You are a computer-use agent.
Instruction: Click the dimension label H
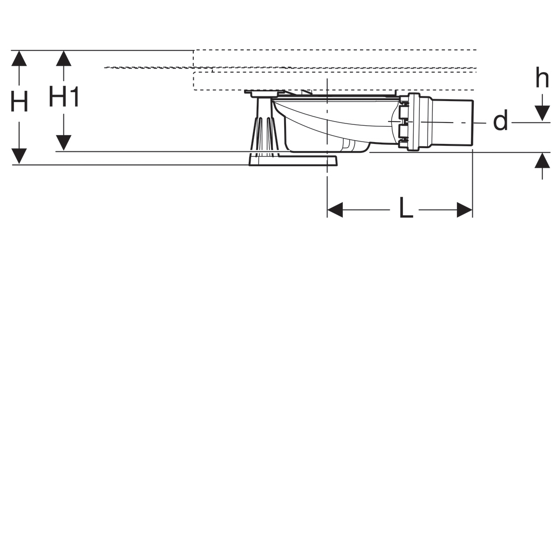19,101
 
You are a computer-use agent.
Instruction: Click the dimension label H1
64,96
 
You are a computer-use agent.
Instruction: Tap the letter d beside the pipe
500,119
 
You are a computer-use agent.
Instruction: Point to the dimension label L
406,208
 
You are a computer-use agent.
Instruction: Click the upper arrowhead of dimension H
19,58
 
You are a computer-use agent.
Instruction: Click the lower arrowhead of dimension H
19,156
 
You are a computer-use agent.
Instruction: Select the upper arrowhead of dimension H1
63,58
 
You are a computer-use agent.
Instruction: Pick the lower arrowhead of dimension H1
63,143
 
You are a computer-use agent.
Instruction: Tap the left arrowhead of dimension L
335,210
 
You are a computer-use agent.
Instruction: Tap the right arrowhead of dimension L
465,210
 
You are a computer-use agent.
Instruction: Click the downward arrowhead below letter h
542,113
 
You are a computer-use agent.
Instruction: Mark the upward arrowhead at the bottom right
542,160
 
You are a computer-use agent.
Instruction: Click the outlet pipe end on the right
453,122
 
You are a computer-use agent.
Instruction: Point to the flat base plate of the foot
293,160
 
